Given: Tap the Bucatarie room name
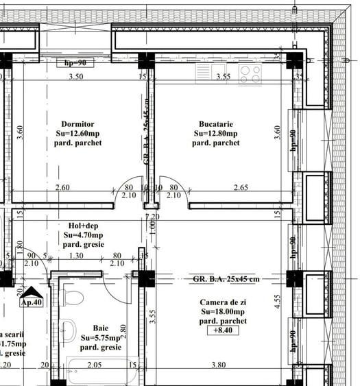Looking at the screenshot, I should pos(215,123).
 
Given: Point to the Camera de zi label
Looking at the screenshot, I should pos(223,302).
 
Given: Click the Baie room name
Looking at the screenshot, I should pos(100,328).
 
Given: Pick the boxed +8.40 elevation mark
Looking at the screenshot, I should pos(223,330).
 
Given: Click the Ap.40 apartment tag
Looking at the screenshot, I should pos(32,301).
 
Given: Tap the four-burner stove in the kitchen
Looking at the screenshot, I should pos(250,74).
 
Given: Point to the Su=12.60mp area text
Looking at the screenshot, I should pos(79,133).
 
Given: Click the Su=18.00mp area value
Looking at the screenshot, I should pos(223,312).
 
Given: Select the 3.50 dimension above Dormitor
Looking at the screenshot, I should pos(76,77).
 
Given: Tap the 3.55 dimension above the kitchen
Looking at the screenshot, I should pos(223,77).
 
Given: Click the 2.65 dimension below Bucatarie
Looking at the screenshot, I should pos(240,187).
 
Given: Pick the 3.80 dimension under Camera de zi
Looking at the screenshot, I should pos(218,365).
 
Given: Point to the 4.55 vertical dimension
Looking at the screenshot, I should pos(277,302).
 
